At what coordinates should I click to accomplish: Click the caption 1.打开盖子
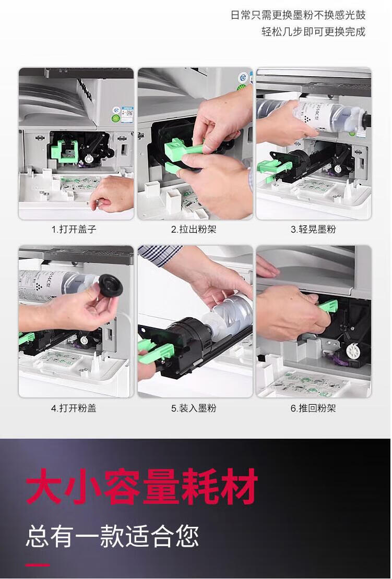(74, 230)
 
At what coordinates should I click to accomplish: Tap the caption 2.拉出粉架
(193, 230)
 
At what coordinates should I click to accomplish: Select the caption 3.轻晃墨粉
(313, 230)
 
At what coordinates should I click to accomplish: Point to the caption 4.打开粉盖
(74, 408)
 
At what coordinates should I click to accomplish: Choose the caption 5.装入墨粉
(193, 408)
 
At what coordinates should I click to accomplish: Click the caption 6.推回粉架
(313, 408)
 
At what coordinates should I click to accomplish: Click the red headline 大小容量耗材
(141, 487)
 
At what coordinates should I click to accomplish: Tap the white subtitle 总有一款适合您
(112, 537)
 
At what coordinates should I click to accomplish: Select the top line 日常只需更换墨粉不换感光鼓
(298, 15)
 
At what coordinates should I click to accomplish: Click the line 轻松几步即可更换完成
(313, 31)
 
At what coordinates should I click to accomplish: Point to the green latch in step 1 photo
(65, 151)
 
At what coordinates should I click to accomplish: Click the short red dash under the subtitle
(38, 564)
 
